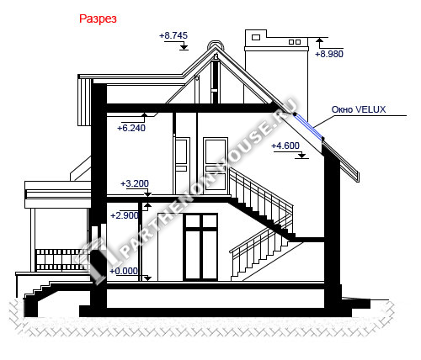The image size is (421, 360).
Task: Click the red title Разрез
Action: pos(98,19)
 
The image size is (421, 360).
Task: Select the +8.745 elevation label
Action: pos(173,35)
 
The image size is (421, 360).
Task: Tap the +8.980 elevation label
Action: pos(329,54)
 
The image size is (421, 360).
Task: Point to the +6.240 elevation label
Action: pos(131,128)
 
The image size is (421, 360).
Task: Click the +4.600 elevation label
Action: pos(285,146)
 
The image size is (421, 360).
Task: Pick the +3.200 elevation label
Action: pos(135,183)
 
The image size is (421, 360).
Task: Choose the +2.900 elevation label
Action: pos(125,215)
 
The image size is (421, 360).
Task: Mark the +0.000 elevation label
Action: pos(124,271)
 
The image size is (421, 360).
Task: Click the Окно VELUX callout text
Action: pos(359,109)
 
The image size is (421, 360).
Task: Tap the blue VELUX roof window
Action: pos(309,126)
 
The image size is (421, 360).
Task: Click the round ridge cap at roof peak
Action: pos(216,45)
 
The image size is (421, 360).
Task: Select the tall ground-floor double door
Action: pos(200,246)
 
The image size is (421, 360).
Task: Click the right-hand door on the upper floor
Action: pos(216,166)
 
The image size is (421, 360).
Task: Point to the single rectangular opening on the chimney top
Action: pos(256,37)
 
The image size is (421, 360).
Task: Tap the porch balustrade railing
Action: pos(62,260)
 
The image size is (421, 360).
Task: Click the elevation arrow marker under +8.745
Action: pos(184,46)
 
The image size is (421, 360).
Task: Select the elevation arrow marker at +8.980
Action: pos(319,40)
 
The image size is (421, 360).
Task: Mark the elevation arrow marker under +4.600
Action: pos(301,156)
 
